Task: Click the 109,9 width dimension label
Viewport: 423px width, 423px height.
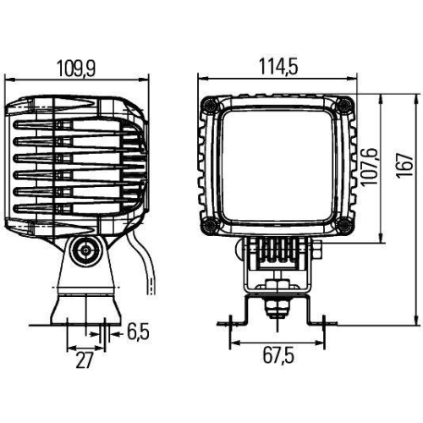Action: point(74,64)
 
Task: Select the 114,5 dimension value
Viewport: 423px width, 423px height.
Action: point(276,64)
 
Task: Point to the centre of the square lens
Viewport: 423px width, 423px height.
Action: point(276,166)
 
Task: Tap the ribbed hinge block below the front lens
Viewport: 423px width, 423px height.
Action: point(276,251)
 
